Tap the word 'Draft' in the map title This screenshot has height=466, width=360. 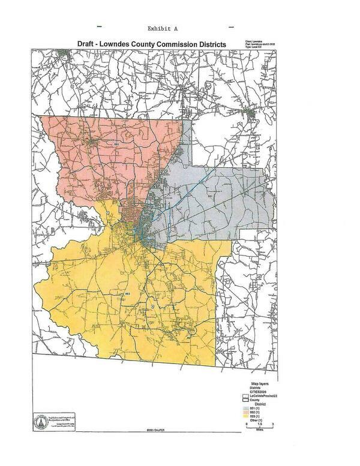point(84,44)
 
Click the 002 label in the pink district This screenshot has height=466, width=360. point(116,145)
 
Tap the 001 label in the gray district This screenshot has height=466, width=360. point(210,196)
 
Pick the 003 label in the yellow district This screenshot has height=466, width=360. point(127,293)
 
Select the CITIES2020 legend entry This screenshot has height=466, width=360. point(251,391)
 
